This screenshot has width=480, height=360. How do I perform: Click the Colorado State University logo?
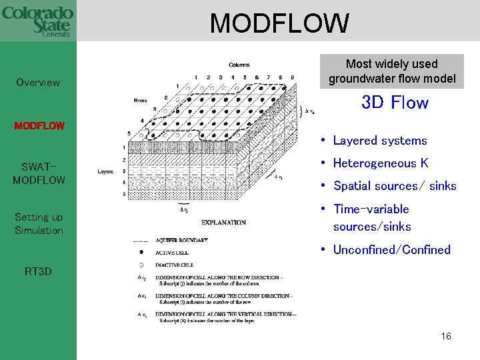pyautogui.click(x=37, y=22)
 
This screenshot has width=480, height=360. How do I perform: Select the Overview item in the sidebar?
pyautogui.click(x=38, y=83)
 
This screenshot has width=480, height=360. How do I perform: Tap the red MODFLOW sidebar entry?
pyautogui.click(x=39, y=125)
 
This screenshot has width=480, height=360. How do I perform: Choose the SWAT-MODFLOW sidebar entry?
pyautogui.click(x=39, y=173)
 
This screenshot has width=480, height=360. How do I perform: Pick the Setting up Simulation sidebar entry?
pyautogui.click(x=39, y=223)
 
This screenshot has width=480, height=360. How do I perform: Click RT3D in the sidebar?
pyautogui.click(x=38, y=271)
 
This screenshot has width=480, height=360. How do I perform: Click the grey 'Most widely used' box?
pyautogui.click(x=391, y=71)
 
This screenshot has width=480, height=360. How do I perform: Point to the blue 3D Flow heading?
pyautogui.click(x=394, y=103)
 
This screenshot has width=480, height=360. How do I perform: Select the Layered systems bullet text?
pyautogui.click(x=380, y=141)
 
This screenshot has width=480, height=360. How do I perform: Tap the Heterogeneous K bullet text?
pyautogui.click(x=380, y=163)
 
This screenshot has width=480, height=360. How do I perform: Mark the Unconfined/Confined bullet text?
pyautogui.click(x=391, y=250)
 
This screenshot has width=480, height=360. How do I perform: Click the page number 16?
pyautogui.click(x=446, y=336)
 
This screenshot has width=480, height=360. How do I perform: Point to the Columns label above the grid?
pyautogui.click(x=239, y=65)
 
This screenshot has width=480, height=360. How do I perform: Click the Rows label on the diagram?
pyautogui.click(x=140, y=100)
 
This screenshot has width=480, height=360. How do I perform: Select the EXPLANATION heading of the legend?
pyautogui.click(x=223, y=223)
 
